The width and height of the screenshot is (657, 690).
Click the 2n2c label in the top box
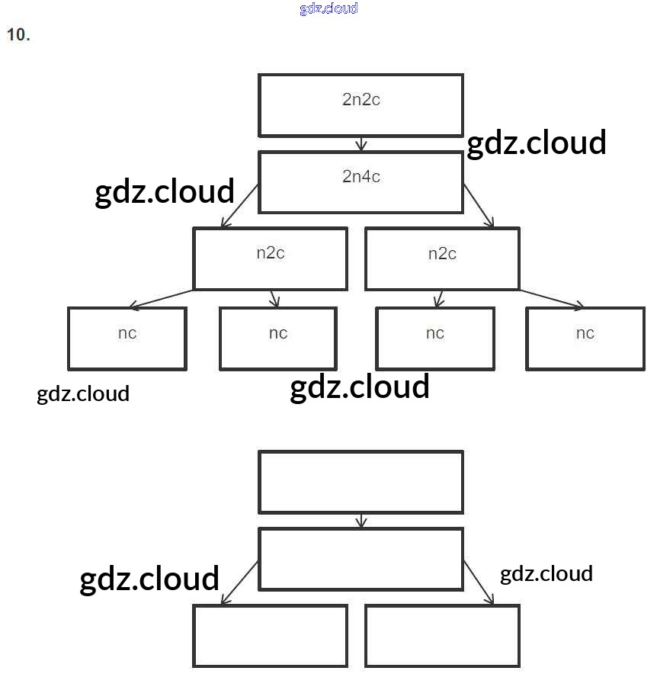coord(361,99)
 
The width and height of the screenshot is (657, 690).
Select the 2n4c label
coord(361,177)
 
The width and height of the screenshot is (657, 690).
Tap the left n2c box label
coord(271,253)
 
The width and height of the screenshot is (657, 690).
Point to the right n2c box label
coord(442,253)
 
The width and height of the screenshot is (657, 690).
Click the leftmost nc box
coord(127,338)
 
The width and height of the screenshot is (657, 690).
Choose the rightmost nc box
coord(585,338)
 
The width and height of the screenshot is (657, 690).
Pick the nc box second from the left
coord(278,338)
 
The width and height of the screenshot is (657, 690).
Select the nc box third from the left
coord(434,338)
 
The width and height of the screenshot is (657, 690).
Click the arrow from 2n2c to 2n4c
coord(361,144)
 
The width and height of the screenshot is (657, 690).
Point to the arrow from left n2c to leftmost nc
coord(162,298)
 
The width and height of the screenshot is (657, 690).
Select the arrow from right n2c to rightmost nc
coord(552,299)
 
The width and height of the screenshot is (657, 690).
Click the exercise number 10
coord(18,34)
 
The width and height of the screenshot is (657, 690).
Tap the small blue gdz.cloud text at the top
coord(328,8)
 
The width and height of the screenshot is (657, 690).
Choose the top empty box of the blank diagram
coord(361,482)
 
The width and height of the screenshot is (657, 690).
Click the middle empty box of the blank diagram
coord(361,559)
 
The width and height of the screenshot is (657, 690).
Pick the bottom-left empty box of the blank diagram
coord(271,636)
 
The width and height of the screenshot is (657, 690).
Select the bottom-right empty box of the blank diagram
coord(442,636)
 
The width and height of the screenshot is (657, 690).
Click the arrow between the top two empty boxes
coord(361,521)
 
